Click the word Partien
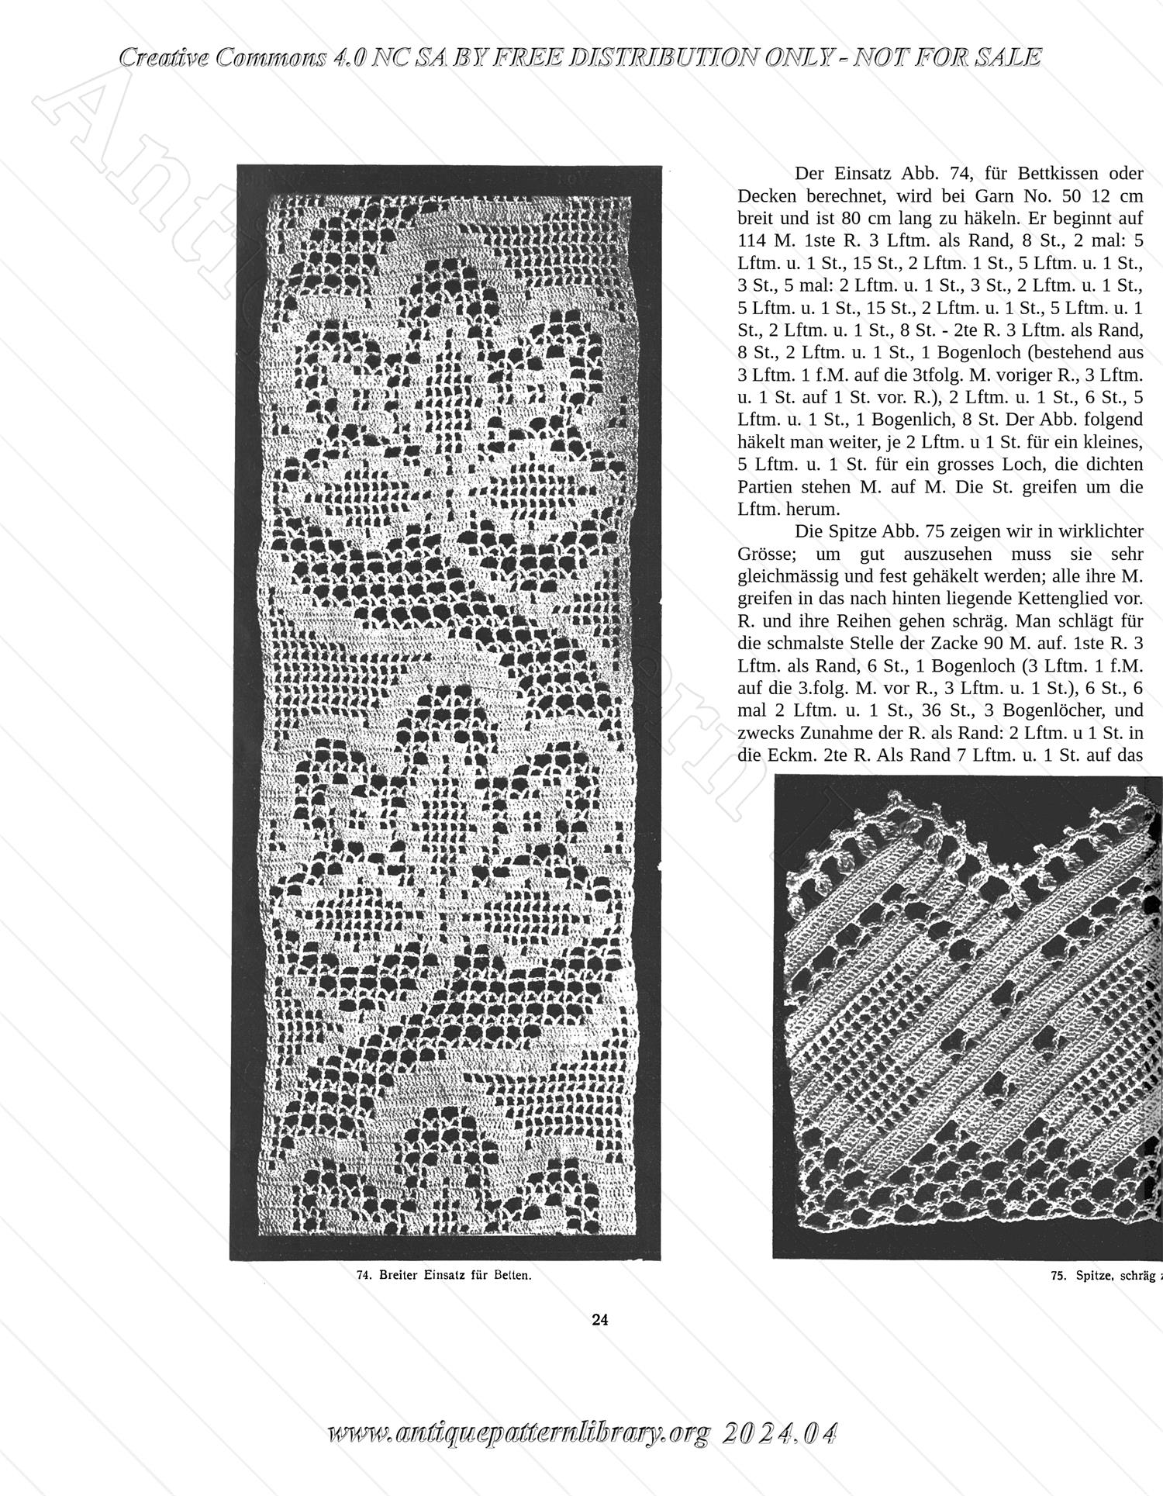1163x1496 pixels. pos(764,487)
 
